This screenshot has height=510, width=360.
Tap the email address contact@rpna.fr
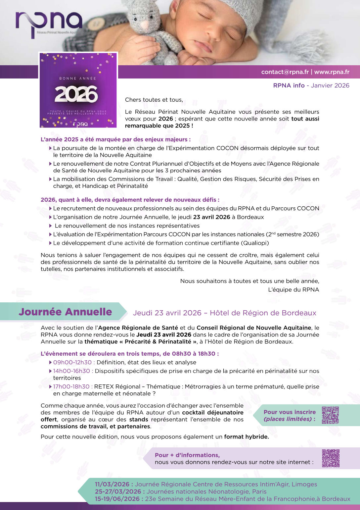pos(285,72)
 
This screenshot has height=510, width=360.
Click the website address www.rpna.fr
pos(332,72)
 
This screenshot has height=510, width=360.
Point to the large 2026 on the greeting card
pos(76,94)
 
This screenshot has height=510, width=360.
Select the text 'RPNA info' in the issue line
pos(289,85)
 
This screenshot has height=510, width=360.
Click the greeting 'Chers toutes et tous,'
pos(154,100)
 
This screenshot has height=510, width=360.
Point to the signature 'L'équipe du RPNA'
pos(293,289)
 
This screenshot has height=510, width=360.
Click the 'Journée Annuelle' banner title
pos(66,312)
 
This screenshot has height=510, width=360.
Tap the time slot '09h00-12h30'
pos(72,362)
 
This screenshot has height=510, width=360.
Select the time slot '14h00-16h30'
pos(72,371)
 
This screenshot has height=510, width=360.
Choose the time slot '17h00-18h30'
pos(71,386)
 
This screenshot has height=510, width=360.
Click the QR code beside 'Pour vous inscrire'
pos(330,415)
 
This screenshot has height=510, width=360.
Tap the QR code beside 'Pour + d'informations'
pos(331,458)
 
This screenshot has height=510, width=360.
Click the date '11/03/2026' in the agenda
pos(112,484)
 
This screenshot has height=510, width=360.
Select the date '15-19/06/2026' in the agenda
pos(117,499)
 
